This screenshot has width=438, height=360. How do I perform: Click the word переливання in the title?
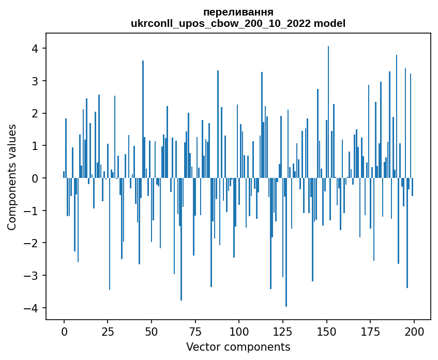[238, 12]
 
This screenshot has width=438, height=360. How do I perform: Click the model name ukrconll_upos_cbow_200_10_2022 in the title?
[224, 23]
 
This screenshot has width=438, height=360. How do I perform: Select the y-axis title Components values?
[12, 177]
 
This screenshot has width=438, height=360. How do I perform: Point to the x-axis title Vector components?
[238, 347]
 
